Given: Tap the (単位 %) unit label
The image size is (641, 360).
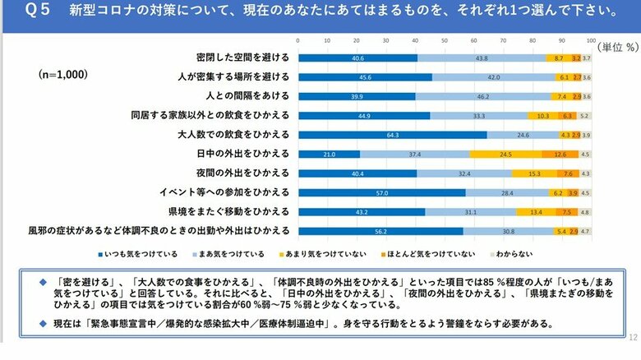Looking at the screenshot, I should [x=616, y=47].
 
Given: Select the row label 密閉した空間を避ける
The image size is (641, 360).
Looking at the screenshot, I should [x=243, y=58].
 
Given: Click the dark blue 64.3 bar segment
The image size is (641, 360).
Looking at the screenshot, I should [x=392, y=134].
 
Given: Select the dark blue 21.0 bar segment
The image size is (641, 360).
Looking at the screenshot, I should [x=329, y=154].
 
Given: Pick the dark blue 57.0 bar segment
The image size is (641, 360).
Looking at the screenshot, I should [x=381, y=192].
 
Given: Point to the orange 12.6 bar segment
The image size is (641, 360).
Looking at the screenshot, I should [x=560, y=154].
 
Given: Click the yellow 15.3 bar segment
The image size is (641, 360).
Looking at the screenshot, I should [x=532, y=173].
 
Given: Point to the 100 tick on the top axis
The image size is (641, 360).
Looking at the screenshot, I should [x=591, y=40].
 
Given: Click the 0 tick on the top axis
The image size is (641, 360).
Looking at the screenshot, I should [x=298, y=40].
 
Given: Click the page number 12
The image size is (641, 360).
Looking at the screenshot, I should [x=633, y=338].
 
